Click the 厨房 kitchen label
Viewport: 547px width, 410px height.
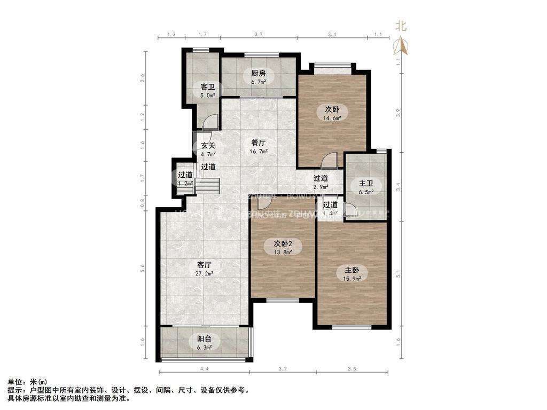[x=259, y=73]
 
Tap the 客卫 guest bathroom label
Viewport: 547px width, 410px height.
[x=208, y=86]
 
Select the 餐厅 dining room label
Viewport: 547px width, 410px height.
[x=259, y=143]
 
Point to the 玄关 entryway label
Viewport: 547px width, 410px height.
[x=208, y=145]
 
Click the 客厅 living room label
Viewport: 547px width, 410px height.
[x=205, y=265]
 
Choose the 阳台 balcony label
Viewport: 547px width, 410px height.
[x=204, y=338]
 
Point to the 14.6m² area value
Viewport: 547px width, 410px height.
[x=333, y=119]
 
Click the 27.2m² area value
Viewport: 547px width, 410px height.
[x=205, y=273]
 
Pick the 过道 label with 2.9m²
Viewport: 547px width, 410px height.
[x=321, y=178]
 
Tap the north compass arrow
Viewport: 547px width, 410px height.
[x=401, y=46]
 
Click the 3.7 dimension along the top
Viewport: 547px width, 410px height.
[x=259, y=34]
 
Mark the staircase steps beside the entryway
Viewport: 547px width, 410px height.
[x=207, y=186]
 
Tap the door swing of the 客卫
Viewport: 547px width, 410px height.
[x=211, y=122]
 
